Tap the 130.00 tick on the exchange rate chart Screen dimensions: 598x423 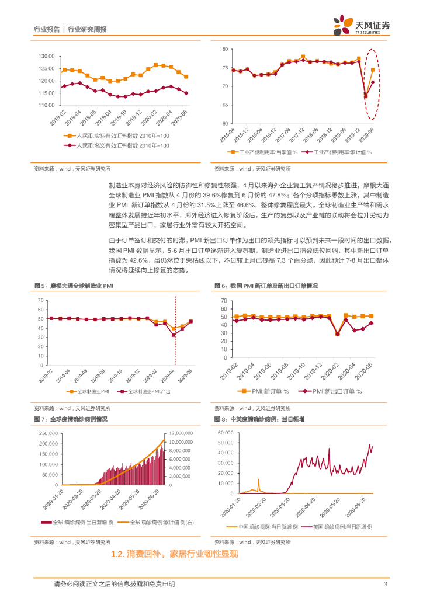(x=46, y=56)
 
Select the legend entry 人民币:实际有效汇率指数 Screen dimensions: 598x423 (x=119, y=135)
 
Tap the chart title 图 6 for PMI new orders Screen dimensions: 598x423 (x=269, y=286)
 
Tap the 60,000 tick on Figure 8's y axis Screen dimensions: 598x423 (x=224, y=433)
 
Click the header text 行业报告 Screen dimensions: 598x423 (x=47, y=29)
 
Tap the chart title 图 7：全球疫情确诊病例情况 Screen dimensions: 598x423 (x=74, y=419)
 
